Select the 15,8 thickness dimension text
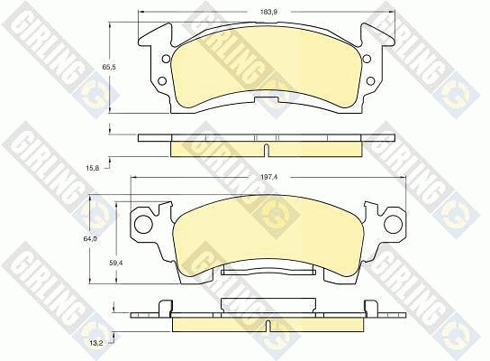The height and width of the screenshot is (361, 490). [93, 168]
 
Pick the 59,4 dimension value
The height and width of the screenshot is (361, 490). [115, 263]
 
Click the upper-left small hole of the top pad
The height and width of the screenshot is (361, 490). [166, 59]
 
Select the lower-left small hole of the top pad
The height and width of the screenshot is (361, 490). [161, 81]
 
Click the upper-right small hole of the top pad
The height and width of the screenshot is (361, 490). [367, 59]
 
